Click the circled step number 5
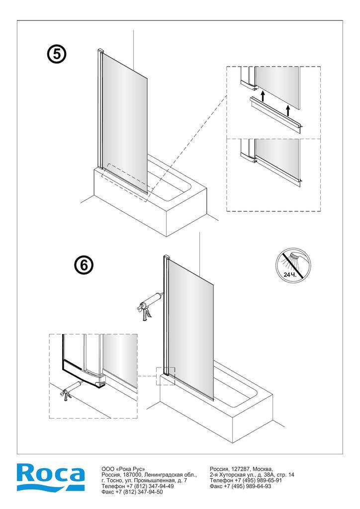(x=57, y=54)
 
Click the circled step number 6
(x=84, y=265)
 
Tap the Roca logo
(x=51, y=477)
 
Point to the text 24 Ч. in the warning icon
(x=289, y=274)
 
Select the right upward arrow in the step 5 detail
(x=287, y=111)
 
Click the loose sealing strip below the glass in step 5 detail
(x=276, y=115)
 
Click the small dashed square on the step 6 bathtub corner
(x=166, y=376)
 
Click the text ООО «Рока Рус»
(x=123, y=469)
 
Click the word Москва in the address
(x=262, y=469)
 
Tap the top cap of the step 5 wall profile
(x=100, y=51)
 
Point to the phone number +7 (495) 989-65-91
(x=259, y=481)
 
